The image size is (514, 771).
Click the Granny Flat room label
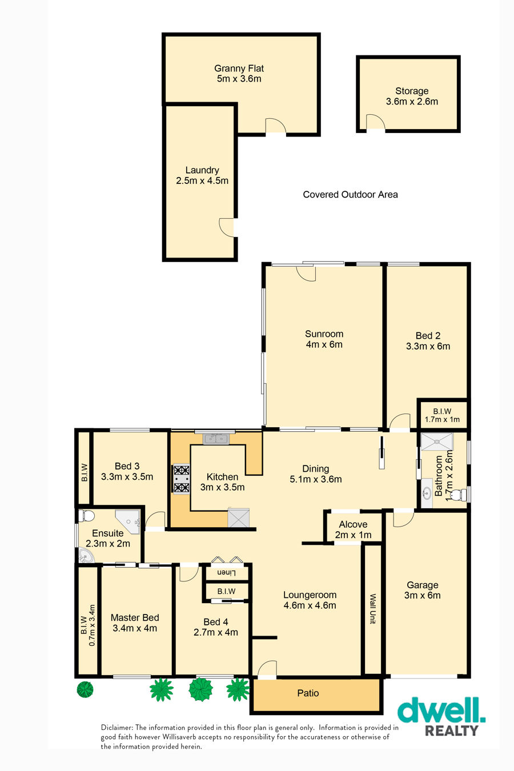[239, 73]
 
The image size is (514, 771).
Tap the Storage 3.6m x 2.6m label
[412, 96]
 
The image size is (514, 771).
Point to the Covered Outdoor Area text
[350, 195]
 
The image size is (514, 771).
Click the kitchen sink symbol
[215, 439]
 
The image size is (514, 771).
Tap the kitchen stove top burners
[181, 479]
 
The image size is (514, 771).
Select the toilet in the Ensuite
[86, 516]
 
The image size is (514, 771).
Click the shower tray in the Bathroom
[437, 441]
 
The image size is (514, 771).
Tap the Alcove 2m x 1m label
[353, 529]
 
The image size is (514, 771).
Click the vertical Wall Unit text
[372, 609]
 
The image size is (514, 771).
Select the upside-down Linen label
[226, 573]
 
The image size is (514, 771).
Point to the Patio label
[308, 693]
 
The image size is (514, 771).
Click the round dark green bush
[85, 689]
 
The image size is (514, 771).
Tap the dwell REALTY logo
[441, 716]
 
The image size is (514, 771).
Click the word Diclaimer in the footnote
[117, 728]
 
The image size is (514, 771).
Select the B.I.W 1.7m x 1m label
[442, 415]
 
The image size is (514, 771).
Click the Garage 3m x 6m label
[423, 590]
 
